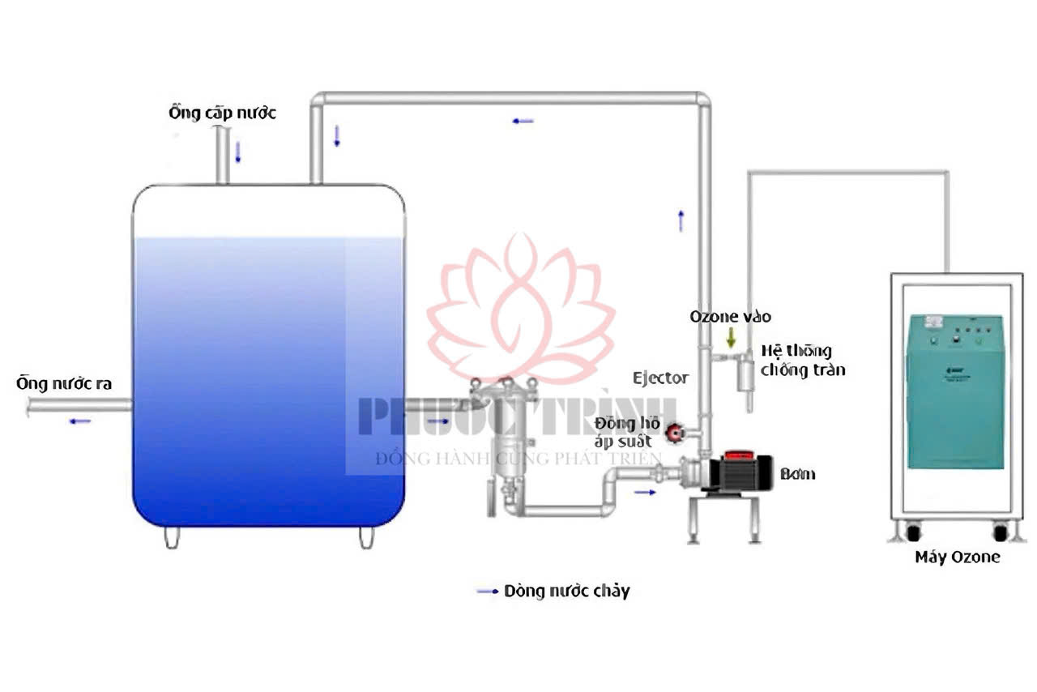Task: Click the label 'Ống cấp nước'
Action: [x=222, y=113]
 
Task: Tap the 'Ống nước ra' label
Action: [x=64, y=383]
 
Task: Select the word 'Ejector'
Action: [x=660, y=378]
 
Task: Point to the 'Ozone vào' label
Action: [x=730, y=317]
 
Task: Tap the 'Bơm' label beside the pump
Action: [x=797, y=474]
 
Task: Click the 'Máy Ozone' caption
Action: [x=957, y=557]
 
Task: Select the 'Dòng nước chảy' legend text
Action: [x=566, y=592]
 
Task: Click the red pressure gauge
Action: [x=675, y=434]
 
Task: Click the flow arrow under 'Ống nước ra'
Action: [x=79, y=421]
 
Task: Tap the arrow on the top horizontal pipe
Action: [x=523, y=122]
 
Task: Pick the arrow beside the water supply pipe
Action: [x=238, y=152]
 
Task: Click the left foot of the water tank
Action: [x=171, y=537]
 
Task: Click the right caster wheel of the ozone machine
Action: [x=1000, y=532]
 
